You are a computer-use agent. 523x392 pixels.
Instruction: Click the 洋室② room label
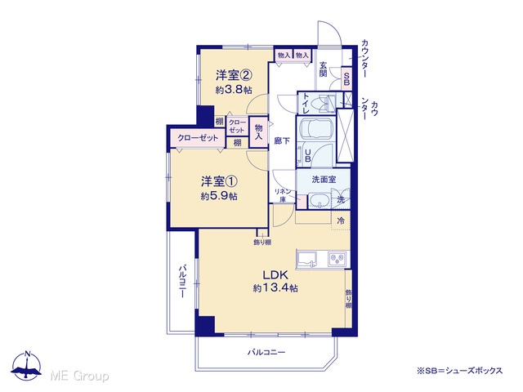point(233,75)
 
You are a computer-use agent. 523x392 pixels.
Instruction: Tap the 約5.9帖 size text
point(219,196)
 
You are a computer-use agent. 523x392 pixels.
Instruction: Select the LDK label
point(275,275)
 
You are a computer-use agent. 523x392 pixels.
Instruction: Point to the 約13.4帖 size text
point(275,287)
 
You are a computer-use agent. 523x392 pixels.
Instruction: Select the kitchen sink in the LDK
point(307,260)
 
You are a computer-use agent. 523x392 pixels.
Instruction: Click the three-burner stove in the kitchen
point(337,259)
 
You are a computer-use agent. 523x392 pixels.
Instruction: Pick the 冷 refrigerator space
point(341,220)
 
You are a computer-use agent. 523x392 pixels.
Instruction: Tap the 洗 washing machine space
point(341,199)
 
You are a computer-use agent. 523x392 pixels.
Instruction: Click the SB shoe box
point(346,78)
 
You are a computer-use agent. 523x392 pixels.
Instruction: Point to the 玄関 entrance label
point(323,69)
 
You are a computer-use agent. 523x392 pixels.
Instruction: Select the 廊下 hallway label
point(282,141)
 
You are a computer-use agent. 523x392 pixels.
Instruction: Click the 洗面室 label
point(324,180)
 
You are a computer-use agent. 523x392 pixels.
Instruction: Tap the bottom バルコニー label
point(266,352)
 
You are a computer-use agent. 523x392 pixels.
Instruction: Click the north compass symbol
point(26,366)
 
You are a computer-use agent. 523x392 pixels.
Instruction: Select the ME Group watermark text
point(79,376)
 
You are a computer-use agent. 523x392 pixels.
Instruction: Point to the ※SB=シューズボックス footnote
point(459,371)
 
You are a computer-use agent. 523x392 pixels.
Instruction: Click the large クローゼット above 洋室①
point(198,138)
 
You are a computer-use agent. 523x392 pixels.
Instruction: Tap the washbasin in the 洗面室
point(319,201)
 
